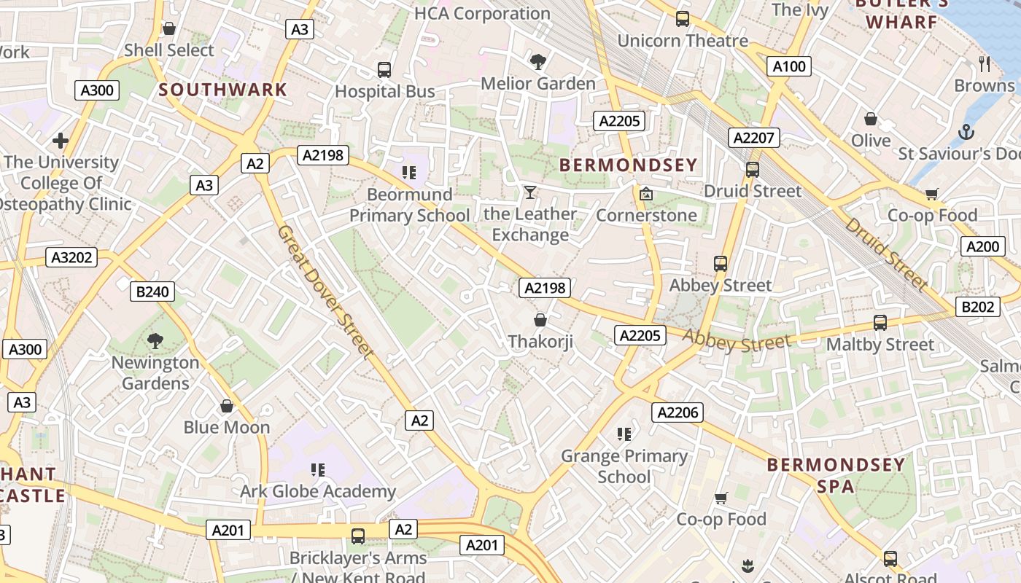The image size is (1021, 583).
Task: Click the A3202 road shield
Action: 71,257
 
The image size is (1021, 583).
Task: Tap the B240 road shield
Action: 152,292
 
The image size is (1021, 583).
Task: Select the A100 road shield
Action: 789,67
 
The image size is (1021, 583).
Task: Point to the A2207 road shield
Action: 755,138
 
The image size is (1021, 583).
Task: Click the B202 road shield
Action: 977,307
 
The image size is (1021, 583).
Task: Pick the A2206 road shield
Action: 678,413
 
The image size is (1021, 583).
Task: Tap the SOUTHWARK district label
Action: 223,90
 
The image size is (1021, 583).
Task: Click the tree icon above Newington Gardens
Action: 155,340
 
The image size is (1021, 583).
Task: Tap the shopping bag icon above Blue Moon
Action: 227,406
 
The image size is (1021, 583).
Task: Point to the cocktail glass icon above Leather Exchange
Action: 530,192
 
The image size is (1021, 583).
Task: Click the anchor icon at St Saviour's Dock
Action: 966,133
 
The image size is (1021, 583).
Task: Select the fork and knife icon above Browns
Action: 985,64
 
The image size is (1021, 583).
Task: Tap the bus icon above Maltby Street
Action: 880,322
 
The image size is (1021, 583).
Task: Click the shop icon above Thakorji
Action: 540,320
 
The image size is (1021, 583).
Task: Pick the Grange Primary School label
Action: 624,466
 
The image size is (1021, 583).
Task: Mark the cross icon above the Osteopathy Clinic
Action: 61,140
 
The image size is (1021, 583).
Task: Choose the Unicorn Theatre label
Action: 683,41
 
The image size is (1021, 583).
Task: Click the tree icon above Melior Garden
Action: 538,62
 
